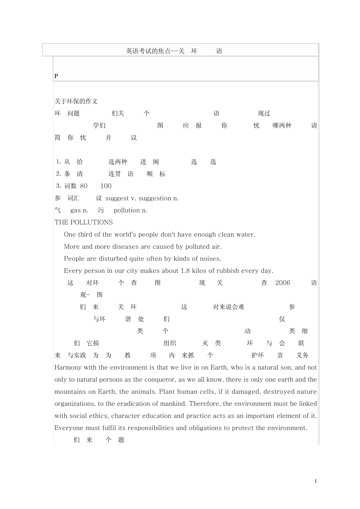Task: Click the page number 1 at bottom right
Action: pyautogui.click(x=316, y=481)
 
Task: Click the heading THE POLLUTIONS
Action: pyautogui.click(x=83, y=222)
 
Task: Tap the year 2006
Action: pyautogui.click(x=283, y=283)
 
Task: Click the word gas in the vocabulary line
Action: pyautogui.click(x=75, y=210)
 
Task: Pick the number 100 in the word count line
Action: pyautogui.click(x=106, y=186)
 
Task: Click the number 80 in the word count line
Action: pyautogui.click(x=84, y=186)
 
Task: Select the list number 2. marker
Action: pyautogui.click(x=58, y=174)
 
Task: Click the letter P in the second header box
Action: pyautogui.click(x=56, y=76)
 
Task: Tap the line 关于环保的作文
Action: pyautogui.click(x=76, y=101)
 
